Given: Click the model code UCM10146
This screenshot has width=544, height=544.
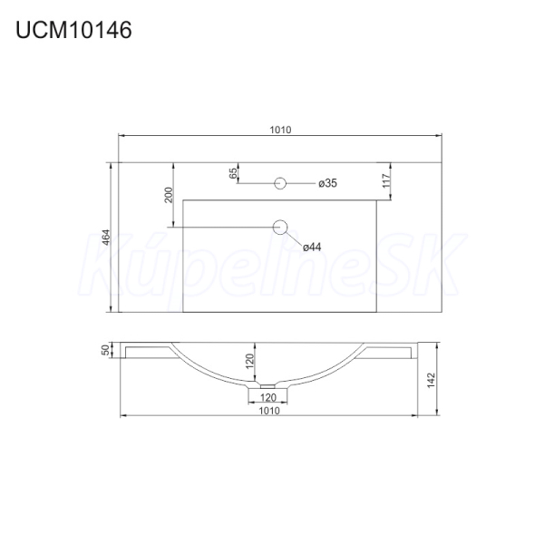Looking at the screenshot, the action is pos(73,30).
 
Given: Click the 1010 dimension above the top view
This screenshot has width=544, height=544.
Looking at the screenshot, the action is pos(280,130).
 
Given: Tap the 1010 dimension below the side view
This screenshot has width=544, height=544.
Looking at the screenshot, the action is pos(269,411).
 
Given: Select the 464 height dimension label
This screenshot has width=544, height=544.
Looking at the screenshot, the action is pos(106,237).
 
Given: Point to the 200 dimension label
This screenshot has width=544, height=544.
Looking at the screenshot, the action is pos(169,195).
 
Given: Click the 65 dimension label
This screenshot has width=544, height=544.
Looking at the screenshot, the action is pos(234,173).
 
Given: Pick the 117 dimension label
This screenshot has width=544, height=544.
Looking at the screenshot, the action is pos(386,180).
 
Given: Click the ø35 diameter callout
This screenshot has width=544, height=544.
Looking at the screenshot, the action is pos(327,183).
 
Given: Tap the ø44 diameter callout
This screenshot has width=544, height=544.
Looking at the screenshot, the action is pos(312,247).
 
